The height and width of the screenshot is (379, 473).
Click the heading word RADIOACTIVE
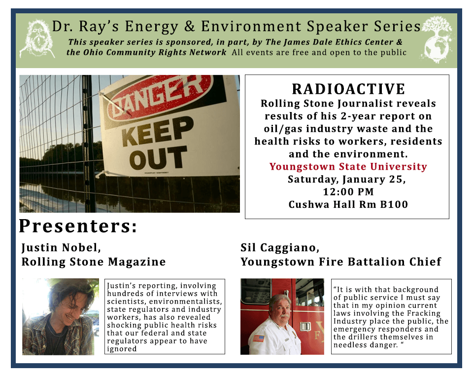point(348,89)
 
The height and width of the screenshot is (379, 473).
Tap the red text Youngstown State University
point(348,166)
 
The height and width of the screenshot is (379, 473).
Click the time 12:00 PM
point(348,191)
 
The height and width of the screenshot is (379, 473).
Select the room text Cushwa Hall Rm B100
point(348,204)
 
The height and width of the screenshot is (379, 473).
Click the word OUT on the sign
point(158,158)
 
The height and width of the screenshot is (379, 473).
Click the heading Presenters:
point(78,226)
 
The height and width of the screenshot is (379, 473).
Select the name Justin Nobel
point(61,248)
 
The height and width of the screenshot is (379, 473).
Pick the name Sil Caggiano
point(280,248)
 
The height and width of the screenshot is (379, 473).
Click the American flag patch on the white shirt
point(258,338)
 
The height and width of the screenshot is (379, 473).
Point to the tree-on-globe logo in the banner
point(437,39)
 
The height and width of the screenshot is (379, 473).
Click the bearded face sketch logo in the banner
point(37,38)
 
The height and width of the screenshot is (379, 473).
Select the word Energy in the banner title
point(151,27)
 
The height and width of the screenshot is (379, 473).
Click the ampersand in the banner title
point(189,26)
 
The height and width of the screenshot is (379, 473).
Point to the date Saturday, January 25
point(347,179)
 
